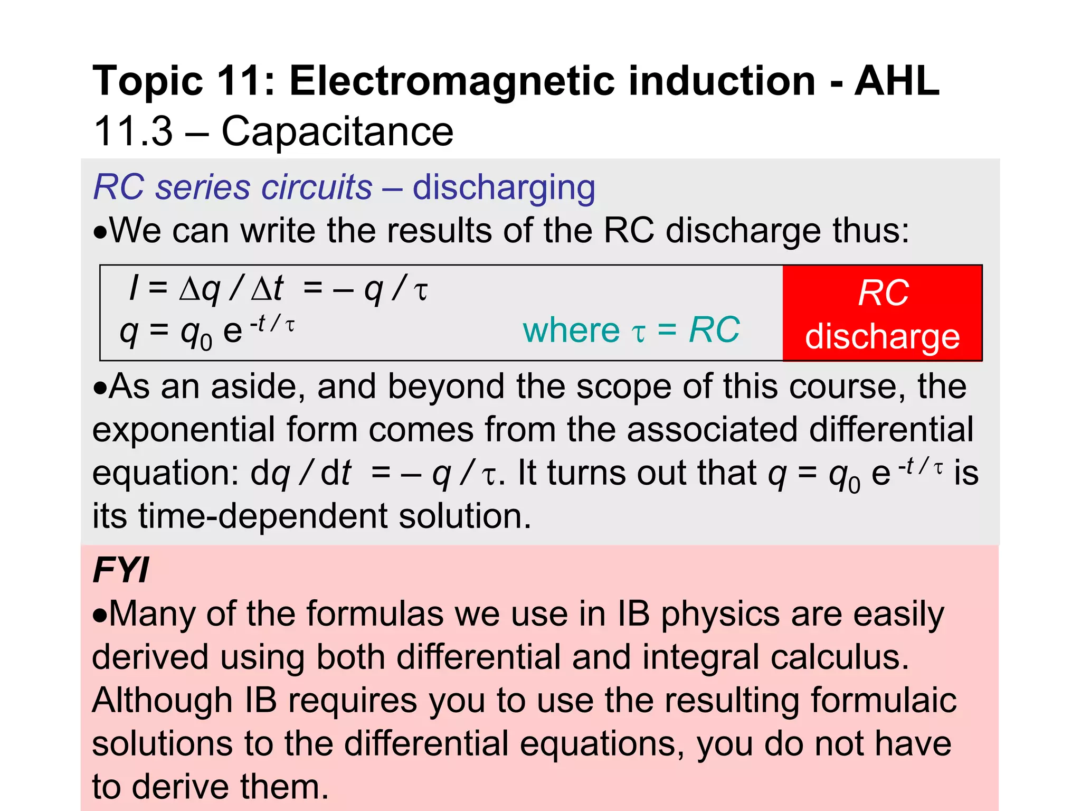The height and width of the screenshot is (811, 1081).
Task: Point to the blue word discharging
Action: click(x=504, y=188)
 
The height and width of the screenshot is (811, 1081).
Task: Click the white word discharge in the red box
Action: click(x=882, y=337)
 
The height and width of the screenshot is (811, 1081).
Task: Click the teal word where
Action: click(x=571, y=331)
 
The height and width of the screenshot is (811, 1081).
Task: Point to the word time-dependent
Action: click(x=263, y=516)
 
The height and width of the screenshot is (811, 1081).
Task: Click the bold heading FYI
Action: click(x=121, y=570)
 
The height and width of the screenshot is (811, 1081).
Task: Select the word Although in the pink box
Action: click(x=162, y=701)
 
